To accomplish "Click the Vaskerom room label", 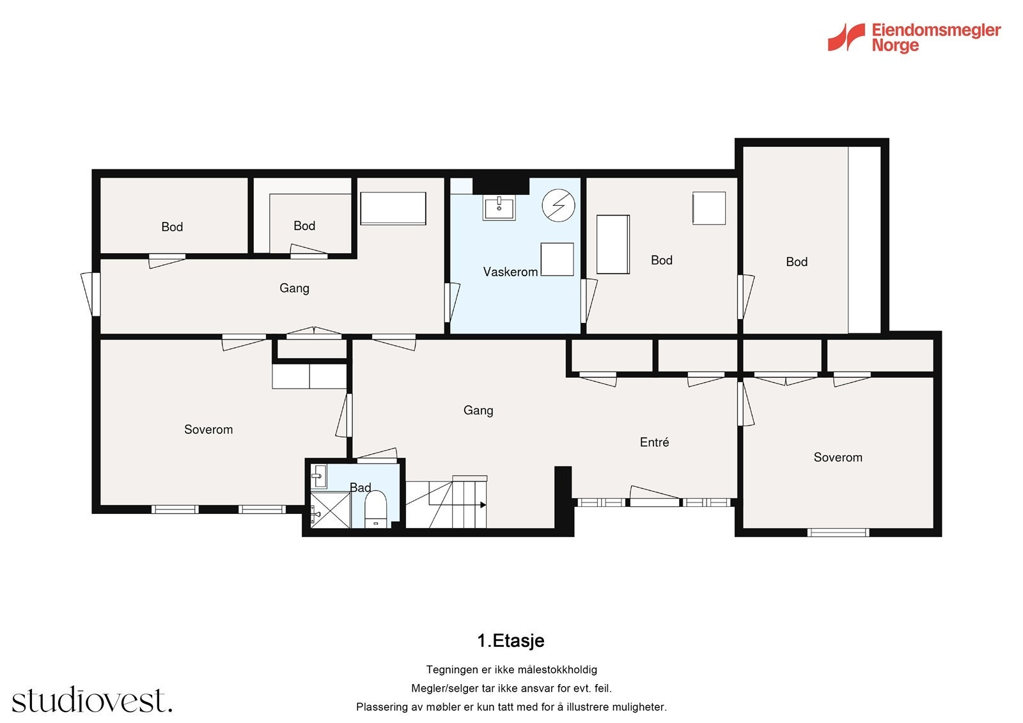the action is (x=510, y=272).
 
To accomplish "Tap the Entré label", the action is (x=654, y=442).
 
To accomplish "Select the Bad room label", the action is (x=360, y=488).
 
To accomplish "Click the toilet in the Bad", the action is (x=375, y=509).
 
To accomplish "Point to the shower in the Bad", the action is (x=330, y=509).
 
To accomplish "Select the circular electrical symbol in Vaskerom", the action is (x=558, y=206).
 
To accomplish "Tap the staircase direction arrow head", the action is (x=483, y=504).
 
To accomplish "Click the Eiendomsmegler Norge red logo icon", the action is (x=846, y=37).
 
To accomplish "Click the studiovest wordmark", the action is (x=92, y=700).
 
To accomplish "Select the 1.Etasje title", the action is (x=511, y=641).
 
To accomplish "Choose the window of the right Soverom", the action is (x=838, y=532).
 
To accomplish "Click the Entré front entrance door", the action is (x=655, y=498).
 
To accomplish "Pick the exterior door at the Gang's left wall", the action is (x=91, y=294).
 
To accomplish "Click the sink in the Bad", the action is (x=319, y=476).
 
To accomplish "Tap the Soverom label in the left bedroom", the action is (x=208, y=430).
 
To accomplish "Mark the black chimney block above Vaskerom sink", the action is (x=501, y=185).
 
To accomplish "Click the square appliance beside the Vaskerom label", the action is (x=557, y=260).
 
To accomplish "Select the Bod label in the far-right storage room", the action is (x=797, y=261).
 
